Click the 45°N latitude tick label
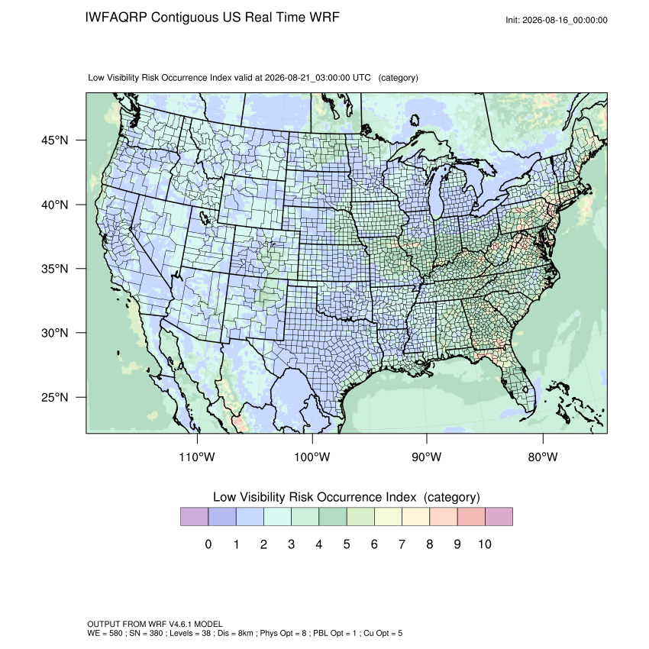pos(55,140)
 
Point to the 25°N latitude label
pos(55,397)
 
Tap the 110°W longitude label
pos(197,457)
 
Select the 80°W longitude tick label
pos(543,457)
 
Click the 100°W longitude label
pos(312,457)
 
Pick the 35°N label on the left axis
pos(55,269)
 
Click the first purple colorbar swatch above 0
pos(194,517)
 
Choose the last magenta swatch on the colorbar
pos(499,517)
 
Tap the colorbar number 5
pos(347,544)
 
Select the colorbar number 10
pos(485,544)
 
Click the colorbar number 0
pos(208,544)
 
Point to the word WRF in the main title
pos(327,18)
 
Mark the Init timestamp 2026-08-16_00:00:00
pos(564,21)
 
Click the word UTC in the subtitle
pos(361,78)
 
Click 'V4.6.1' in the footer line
pos(180,624)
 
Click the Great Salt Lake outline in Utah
pos(204,217)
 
